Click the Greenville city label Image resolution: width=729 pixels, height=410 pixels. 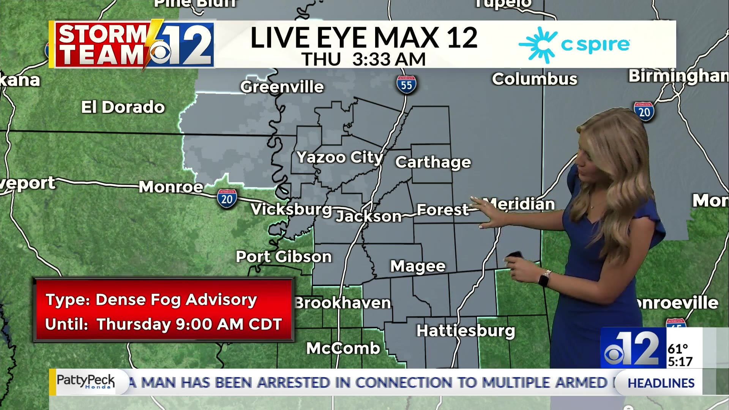tap(282, 87)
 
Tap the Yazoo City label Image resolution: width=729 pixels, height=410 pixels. tap(340, 157)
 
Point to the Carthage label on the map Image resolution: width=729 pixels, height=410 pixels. tap(433, 162)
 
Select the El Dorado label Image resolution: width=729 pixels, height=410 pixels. tap(123, 107)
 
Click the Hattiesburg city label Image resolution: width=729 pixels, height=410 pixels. tap(465, 331)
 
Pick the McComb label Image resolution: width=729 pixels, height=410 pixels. tap(343, 348)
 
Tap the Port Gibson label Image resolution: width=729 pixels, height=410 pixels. tap(284, 257)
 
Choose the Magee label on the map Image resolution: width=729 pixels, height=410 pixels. tap(418, 266)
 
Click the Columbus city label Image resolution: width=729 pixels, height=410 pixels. tap(535, 79)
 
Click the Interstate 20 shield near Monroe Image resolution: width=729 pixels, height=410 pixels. tap(227, 199)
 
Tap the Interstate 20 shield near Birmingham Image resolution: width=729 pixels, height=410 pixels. tap(644, 111)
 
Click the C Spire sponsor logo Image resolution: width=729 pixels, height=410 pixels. tap(574, 45)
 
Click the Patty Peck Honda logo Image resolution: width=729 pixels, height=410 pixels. tap(85, 381)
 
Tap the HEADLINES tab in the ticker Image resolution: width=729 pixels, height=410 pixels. tap(661, 383)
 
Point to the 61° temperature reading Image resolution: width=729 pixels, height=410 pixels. tap(678, 348)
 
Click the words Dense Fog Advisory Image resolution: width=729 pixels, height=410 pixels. tap(176, 300)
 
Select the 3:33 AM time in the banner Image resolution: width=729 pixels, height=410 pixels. tap(389, 59)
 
